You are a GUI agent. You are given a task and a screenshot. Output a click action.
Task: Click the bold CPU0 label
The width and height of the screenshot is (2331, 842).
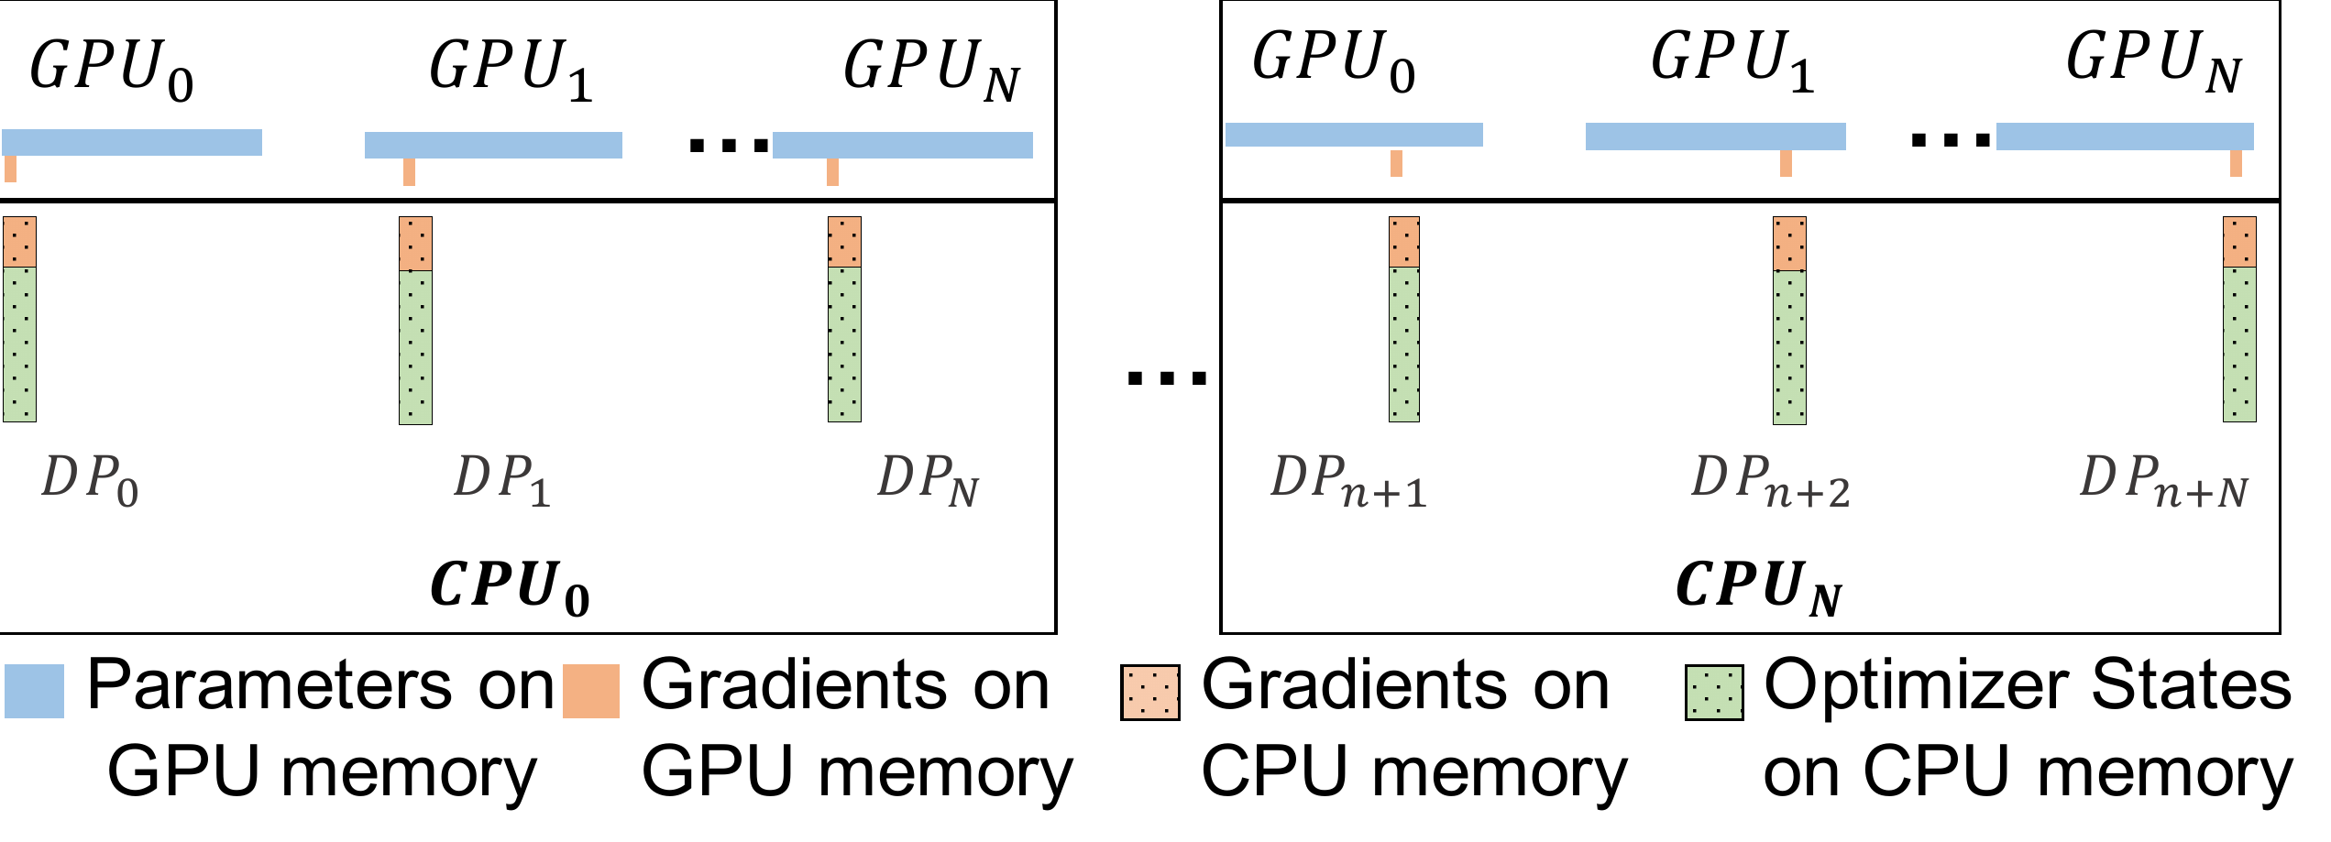(x=510, y=586)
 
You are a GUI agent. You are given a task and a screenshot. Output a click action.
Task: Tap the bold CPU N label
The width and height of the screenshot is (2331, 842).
(x=1758, y=586)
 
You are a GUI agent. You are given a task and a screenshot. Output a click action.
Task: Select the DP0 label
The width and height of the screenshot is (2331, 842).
(x=90, y=480)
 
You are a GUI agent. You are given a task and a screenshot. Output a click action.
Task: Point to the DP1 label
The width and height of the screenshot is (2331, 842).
(x=502, y=480)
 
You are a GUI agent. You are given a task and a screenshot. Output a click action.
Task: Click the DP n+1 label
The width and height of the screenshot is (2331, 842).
(x=1348, y=480)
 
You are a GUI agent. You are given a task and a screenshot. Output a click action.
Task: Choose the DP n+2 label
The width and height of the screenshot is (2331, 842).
(x=1770, y=480)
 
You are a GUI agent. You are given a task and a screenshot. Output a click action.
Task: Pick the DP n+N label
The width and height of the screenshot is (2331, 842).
(x=2163, y=480)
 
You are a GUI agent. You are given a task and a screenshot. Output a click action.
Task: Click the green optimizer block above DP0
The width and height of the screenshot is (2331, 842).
(x=19, y=344)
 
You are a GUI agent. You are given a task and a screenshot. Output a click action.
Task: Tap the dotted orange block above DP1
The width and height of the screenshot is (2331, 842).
(x=415, y=244)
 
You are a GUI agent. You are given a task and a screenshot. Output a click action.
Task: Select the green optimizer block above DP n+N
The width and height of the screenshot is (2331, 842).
(x=2239, y=344)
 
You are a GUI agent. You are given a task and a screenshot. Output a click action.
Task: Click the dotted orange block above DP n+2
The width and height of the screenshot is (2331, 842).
(x=1789, y=244)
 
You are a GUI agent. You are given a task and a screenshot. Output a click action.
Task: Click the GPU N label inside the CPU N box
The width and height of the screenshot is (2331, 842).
(x=2153, y=60)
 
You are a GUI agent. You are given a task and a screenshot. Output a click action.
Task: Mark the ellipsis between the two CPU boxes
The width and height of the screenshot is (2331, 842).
(x=1166, y=377)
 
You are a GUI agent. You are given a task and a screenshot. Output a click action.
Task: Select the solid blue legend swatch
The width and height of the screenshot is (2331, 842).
(x=34, y=691)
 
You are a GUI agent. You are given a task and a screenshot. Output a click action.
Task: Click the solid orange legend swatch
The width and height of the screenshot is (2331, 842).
(x=591, y=691)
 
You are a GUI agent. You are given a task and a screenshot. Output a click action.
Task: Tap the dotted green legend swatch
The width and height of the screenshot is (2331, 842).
(x=1714, y=693)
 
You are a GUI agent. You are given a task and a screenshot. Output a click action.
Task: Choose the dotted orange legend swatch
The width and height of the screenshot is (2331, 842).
(x=1149, y=693)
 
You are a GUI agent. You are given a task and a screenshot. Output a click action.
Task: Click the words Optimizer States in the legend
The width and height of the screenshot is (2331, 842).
(x=2027, y=685)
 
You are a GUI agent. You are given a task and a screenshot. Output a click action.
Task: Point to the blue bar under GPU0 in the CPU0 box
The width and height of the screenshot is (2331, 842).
(x=132, y=142)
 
